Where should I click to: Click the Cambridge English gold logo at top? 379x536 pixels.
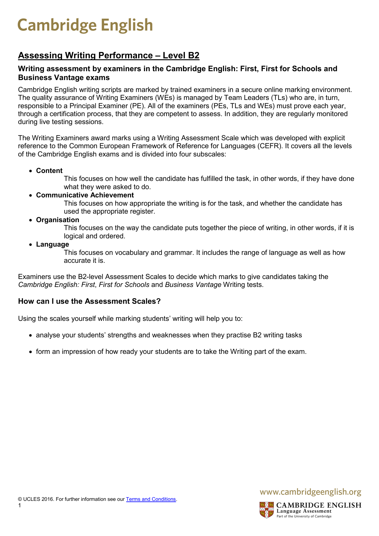(x=85, y=25)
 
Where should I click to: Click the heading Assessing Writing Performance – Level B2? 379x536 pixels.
(x=109, y=55)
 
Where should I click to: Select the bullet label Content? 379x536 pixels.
(x=49, y=171)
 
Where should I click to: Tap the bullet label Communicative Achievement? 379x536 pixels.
(x=85, y=195)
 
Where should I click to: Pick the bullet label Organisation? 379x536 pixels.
(x=57, y=220)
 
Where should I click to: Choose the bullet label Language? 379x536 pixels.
(x=52, y=244)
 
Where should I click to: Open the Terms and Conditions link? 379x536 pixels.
(x=151, y=499)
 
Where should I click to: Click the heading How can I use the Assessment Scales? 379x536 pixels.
(x=89, y=301)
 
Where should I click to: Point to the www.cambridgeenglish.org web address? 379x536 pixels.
(x=310, y=492)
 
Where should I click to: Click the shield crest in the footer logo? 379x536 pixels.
(x=267, y=510)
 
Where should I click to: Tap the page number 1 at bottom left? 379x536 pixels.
(x=20, y=505)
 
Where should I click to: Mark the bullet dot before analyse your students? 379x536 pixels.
(x=30, y=336)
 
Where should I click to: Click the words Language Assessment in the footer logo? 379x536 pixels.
(x=304, y=511)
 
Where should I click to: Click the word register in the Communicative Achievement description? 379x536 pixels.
(x=142, y=211)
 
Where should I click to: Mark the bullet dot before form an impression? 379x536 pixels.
(x=30, y=352)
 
